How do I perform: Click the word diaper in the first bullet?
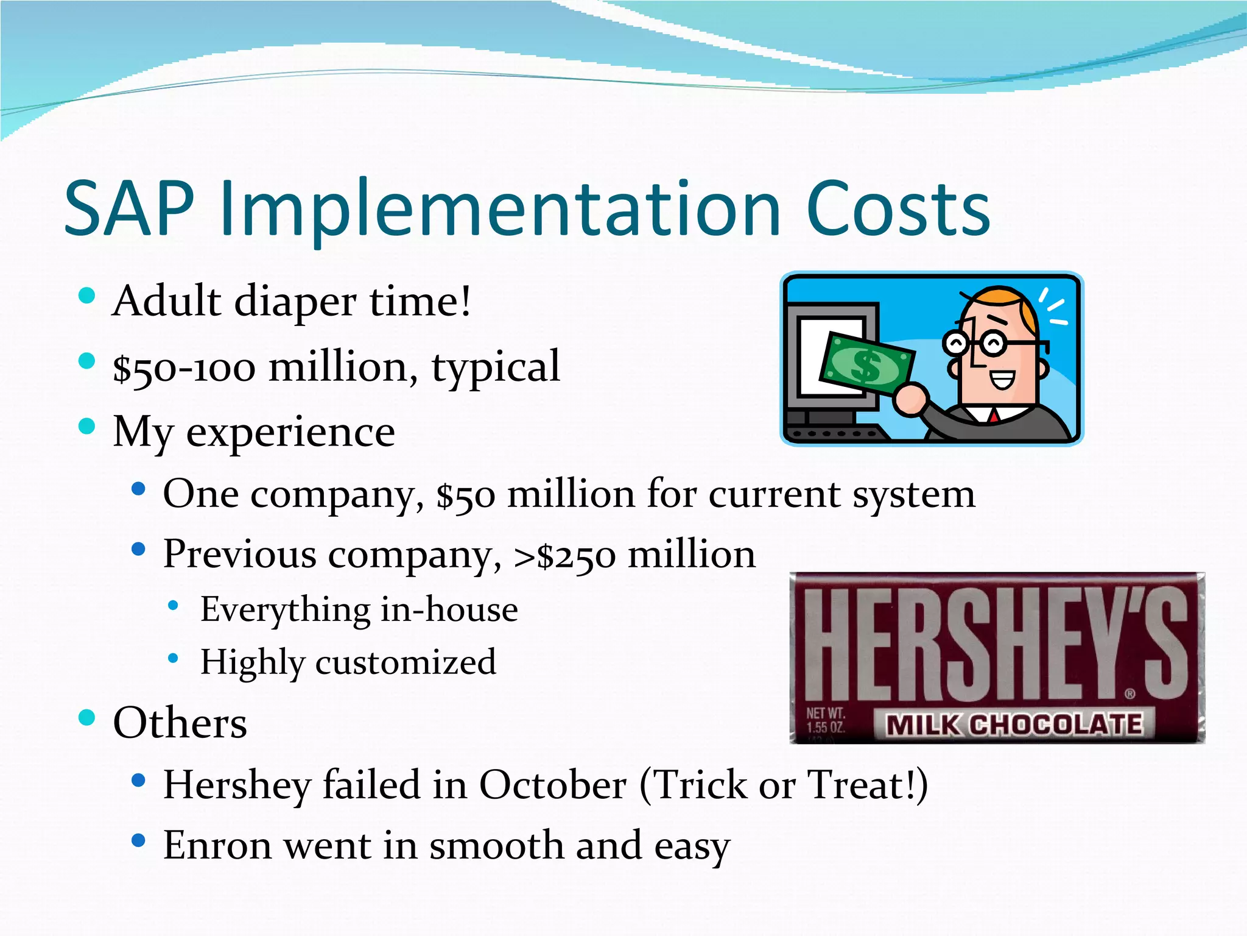pos(295,302)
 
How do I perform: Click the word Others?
pos(180,723)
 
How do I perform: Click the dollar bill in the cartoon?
pos(866,366)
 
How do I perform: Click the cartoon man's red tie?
pos(993,416)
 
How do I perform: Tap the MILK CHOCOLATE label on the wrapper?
pos(1013,725)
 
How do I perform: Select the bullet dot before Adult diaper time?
pos(87,296)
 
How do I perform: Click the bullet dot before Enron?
pos(138,841)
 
